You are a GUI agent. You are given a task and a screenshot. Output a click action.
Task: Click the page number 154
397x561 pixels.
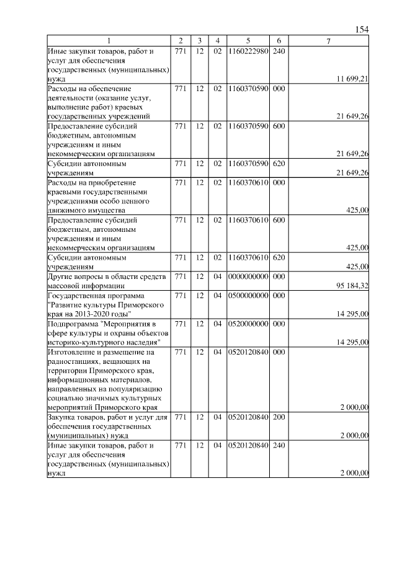pyautogui.click(x=362, y=30)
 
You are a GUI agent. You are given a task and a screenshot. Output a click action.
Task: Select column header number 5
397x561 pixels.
pyautogui.click(x=248, y=41)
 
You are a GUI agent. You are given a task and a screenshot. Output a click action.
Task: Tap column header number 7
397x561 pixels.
pyautogui.click(x=329, y=41)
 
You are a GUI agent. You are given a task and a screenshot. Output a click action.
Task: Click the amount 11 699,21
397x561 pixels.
pyautogui.click(x=352, y=79)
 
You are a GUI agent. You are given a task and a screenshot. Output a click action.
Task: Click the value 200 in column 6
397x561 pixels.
pyautogui.click(x=279, y=417)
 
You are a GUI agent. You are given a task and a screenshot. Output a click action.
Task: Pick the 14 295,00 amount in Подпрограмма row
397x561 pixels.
pyautogui.click(x=352, y=342)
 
